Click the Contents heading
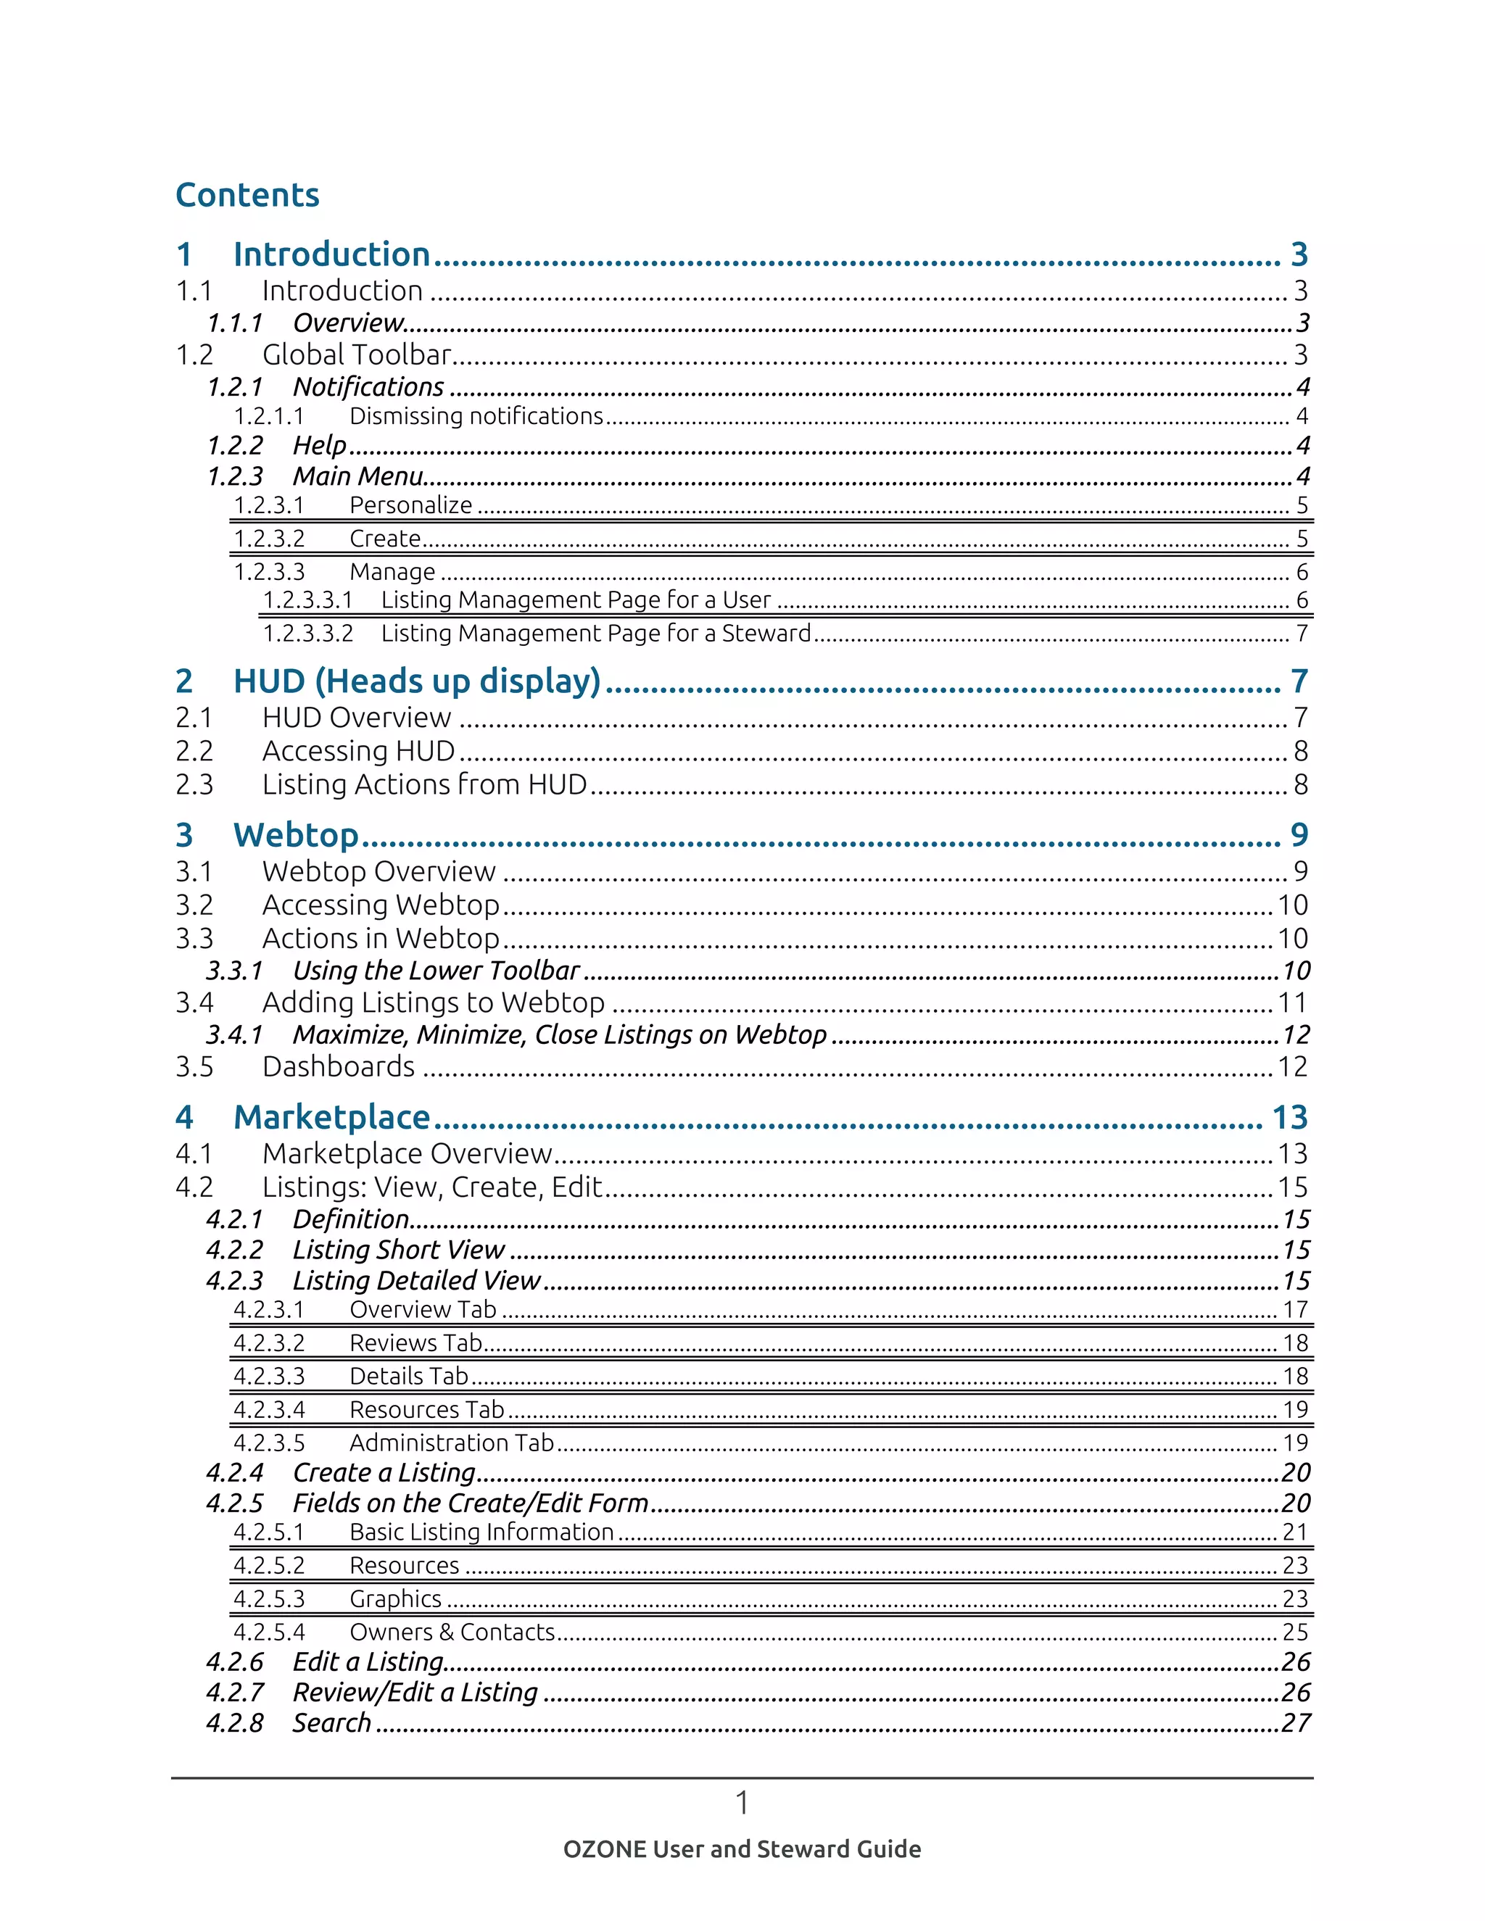pos(247,195)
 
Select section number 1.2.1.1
pos(268,416)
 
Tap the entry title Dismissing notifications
pos(476,416)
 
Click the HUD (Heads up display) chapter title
pos(416,681)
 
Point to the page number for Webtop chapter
pos(1299,834)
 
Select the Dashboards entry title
pos(339,1067)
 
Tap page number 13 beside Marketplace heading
pos(1290,1117)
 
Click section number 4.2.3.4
pos(268,1410)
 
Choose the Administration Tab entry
pos(451,1443)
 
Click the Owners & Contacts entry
pos(452,1632)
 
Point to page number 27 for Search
pos(1295,1723)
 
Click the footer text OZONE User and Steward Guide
pos(742,1850)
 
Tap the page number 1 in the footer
pos(742,1803)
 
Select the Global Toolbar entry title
pos(356,355)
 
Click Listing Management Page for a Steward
pos(595,634)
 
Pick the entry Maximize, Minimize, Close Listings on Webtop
pos(560,1035)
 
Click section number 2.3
pos(194,784)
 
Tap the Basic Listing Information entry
pos(481,1532)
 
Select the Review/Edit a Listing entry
pos(415,1693)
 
